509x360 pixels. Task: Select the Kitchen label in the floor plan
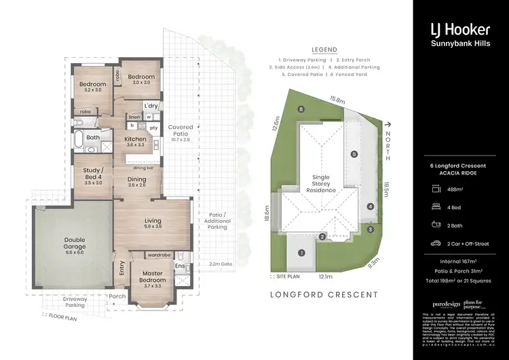click(x=135, y=141)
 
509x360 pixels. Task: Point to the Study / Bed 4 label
click(x=93, y=176)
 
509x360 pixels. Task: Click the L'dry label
click(x=150, y=105)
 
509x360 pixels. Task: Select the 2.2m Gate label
click(x=221, y=264)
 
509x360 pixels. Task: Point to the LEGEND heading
click(x=324, y=50)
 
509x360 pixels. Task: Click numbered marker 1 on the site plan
click(x=302, y=253)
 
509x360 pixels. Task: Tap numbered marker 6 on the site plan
click(x=300, y=108)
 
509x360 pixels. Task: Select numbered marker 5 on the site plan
click(x=354, y=154)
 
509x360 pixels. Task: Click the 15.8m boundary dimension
click(x=336, y=100)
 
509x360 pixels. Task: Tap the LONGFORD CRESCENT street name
click(x=323, y=294)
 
